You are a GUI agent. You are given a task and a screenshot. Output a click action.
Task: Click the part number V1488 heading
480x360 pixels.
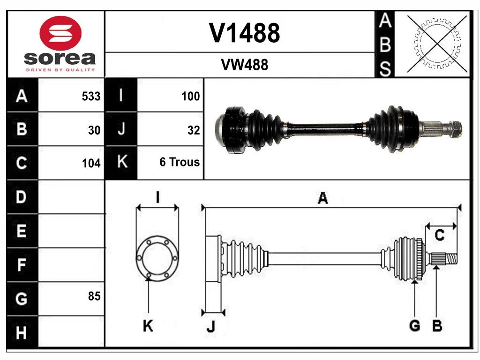(244, 33)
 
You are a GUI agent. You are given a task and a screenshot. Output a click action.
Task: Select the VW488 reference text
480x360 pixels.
(244, 65)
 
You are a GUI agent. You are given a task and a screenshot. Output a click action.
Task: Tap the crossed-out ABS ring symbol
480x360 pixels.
(437, 44)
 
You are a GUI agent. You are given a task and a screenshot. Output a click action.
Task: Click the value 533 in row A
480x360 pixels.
(91, 96)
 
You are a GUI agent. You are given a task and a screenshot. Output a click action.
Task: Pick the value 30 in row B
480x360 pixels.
(94, 130)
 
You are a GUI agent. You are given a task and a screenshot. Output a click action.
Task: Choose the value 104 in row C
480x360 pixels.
(91, 163)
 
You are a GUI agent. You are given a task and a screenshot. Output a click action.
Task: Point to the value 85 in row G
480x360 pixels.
(94, 296)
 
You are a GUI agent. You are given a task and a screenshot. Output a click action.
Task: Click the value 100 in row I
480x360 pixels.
(190, 96)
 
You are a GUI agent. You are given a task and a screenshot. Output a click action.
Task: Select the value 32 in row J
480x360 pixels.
(193, 130)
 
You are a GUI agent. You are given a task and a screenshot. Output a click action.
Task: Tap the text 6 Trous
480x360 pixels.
(180, 162)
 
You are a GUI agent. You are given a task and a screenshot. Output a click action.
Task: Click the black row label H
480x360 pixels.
(21, 333)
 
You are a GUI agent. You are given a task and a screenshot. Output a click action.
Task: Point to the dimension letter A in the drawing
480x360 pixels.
(322, 198)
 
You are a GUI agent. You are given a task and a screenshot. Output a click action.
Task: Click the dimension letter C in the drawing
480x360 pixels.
(439, 235)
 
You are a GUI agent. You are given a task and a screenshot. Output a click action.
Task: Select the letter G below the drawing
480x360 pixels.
(414, 325)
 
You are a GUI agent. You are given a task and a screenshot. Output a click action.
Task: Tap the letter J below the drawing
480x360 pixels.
(210, 327)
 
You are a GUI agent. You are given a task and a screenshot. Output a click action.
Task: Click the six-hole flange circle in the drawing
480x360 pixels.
(157, 257)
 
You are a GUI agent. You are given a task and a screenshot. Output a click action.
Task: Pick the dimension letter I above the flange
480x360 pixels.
(158, 197)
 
